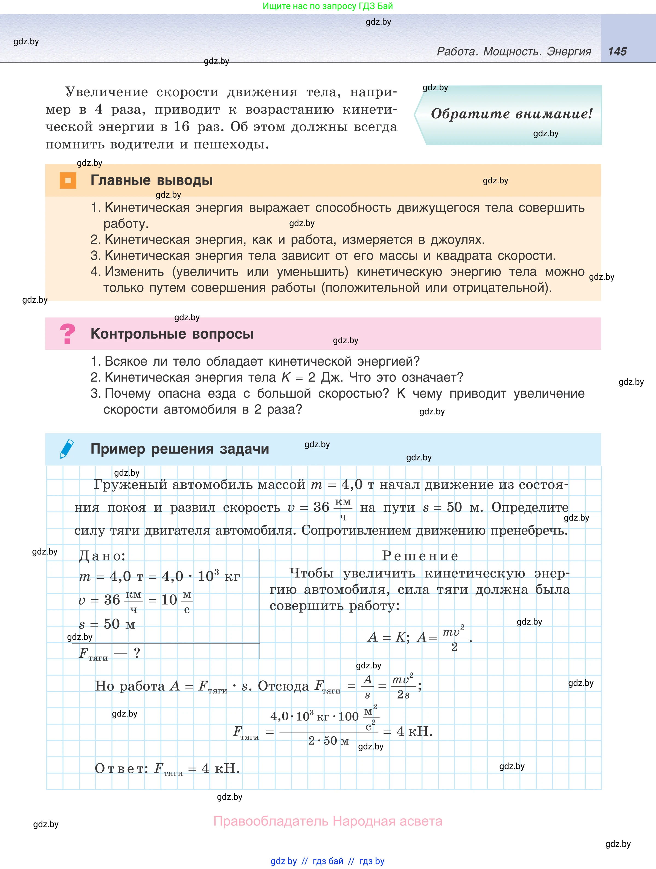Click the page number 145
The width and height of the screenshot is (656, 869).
tap(617, 51)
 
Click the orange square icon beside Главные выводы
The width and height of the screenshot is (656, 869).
tap(68, 180)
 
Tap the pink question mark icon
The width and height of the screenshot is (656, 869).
tap(68, 334)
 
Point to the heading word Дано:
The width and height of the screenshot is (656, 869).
tap(102, 556)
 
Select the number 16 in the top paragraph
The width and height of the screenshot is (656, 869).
tap(181, 126)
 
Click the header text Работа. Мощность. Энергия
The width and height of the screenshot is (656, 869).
tap(513, 51)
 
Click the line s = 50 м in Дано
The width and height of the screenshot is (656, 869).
tap(107, 624)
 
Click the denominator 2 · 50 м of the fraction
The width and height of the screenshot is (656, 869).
tap(328, 741)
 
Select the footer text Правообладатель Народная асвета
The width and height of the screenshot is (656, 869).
tap(328, 821)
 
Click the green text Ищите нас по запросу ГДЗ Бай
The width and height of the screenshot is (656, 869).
tap(327, 6)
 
